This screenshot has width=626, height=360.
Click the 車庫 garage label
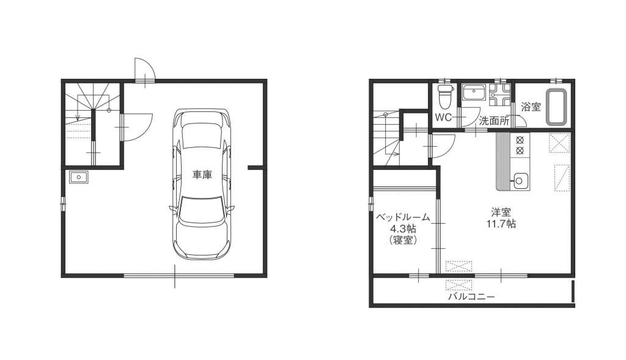[202, 174]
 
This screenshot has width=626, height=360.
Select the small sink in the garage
[79, 177]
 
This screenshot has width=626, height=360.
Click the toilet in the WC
[444, 96]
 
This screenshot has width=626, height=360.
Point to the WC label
[443, 117]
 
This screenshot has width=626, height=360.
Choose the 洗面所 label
[494, 120]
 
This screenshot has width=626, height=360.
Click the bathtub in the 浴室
[556, 107]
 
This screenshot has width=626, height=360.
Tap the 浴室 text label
[531, 107]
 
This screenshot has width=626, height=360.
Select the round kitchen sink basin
[519, 181]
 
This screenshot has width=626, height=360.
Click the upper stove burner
[520, 140]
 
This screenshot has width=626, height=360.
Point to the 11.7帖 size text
[501, 224]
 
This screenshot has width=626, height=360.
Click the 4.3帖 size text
[403, 229]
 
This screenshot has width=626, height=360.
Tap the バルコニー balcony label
[471, 297]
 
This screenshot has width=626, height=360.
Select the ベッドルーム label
[403, 218]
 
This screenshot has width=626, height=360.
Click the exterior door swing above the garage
[144, 70]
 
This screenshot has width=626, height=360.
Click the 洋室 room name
[501, 213]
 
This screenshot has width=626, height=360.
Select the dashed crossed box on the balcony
[458, 285]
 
